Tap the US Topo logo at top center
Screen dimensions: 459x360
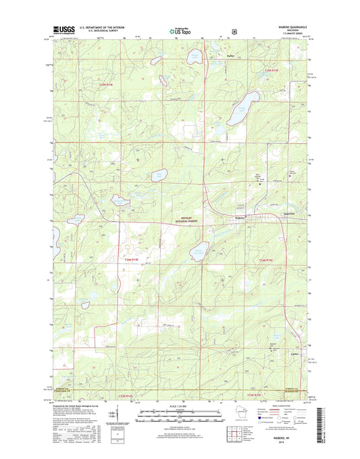point(180,30)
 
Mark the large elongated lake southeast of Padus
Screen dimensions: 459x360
point(237,109)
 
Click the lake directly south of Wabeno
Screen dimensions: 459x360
point(203,253)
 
